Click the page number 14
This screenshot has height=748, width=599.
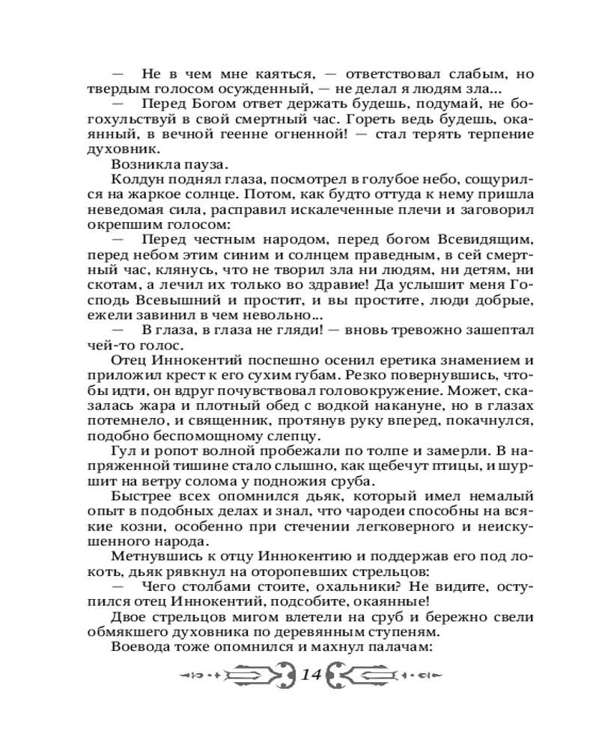(310, 675)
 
